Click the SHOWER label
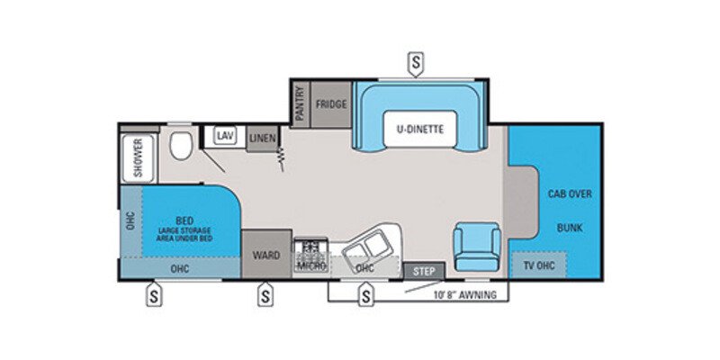pyautogui.click(x=139, y=157)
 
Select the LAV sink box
pyautogui.click(x=224, y=136)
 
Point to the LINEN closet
pyautogui.click(x=262, y=137)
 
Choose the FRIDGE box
pyautogui.click(x=331, y=104)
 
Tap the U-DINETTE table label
pyautogui.click(x=419, y=129)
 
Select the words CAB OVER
pyautogui.click(x=570, y=193)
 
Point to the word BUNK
pyautogui.click(x=570, y=229)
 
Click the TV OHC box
pyautogui.click(x=540, y=266)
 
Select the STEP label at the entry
pyautogui.click(x=423, y=270)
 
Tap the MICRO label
pyautogui.click(x=310, y=267)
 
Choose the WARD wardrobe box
pyautogui.click(x=265, y=255)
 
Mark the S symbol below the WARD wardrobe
pyautogui.click(x=265, y=293)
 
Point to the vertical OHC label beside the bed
pyautogui.click(x=130, y=220)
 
